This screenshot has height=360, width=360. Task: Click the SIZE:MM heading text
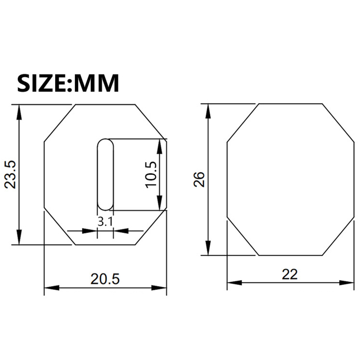68,83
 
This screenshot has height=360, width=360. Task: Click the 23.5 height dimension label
10,175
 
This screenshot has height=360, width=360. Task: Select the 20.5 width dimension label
105,279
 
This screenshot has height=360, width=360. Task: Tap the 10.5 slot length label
151,175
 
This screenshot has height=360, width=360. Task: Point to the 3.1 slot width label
105,222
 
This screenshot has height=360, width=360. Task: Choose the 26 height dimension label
199,179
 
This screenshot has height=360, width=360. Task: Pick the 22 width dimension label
290,274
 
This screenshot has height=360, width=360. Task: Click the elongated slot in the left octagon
105,175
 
